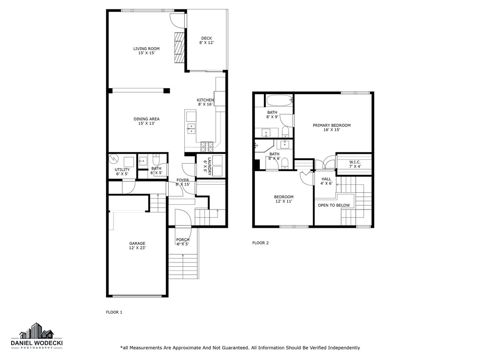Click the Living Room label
coord(146,51)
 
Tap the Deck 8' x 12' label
coord(206,41)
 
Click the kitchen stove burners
coord(207,145)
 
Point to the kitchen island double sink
coord(191,128)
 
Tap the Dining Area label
coord(146,121)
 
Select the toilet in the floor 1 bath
coord(157,159)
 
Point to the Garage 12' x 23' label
coord(137,246)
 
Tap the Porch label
coord(182,242)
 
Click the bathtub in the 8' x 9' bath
coord(279,100)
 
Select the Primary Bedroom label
coord(331,127)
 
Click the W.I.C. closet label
coord(355,164)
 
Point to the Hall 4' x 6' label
coord(326,181)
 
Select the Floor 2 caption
coord(260,243)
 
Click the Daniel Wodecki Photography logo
coord(37,337)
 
